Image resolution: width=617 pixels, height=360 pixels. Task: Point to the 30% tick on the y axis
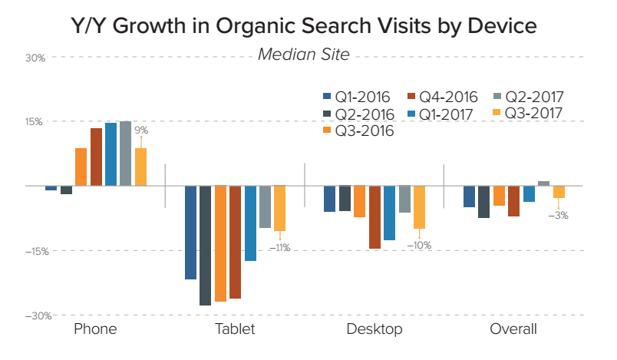click(x=35, y=58)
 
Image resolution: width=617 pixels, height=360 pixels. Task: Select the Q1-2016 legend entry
click(x=357, y=97)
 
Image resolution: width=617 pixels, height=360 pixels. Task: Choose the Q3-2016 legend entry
click(x=357, y=131)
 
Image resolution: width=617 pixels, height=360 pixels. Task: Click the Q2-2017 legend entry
click(x=530, y=97)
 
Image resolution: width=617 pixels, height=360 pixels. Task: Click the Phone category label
click(x=95, y=329)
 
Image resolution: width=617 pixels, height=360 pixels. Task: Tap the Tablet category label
click(x=235, y=329)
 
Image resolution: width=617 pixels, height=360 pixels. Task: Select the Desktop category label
click(x=374, y=329)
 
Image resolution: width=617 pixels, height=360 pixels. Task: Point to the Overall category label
click(x=513, y=329)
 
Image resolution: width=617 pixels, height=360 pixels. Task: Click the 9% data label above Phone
click(x=141, y=130)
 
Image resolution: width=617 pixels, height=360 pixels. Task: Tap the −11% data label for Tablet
click(x=279, y=247)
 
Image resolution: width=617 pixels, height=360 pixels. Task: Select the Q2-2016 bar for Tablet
click(x=205, y=246)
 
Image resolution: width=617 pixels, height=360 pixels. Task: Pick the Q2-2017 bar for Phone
click(x=125, y=154)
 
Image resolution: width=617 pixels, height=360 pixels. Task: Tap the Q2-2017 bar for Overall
click(x=543, y=183)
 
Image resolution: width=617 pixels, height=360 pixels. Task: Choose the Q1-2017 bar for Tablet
click(x=250, y=223)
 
